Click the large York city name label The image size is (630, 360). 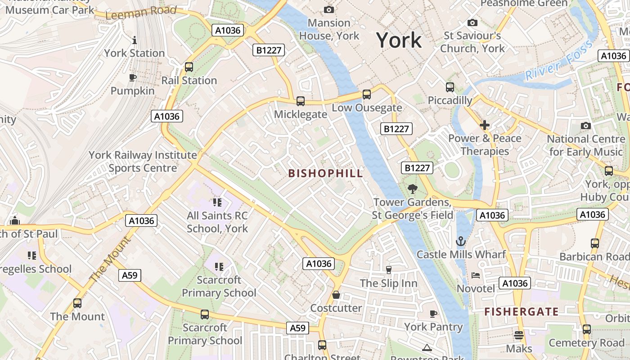[x=399, y=40]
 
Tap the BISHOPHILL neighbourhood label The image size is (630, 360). [x=325, y=173]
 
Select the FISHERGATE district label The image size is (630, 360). [x=521, y=311]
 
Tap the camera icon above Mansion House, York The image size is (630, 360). [x=329, y=9]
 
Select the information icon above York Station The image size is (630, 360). [x=134, y=40]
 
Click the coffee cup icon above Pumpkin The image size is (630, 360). [x=132, y=78]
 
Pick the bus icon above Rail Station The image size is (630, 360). [x=189, y=67]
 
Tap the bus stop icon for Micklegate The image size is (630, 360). [x=301, y=101]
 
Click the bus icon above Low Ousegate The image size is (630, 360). [x=367, y=94]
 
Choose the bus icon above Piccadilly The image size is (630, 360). [x=450, y=87]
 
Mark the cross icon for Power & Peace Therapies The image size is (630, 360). [x=485, y=125]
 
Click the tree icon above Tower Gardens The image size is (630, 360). [x=412, y=189]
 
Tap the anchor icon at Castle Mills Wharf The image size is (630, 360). [x=461, y=241]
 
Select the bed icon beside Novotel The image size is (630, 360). [x=476, y=275]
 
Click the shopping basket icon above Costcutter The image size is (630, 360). [x=336, y=295]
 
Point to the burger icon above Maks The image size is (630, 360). [x=519, y=335]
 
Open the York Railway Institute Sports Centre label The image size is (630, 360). [x=143, y=162]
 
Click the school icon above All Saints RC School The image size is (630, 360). [x=217, y=202]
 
